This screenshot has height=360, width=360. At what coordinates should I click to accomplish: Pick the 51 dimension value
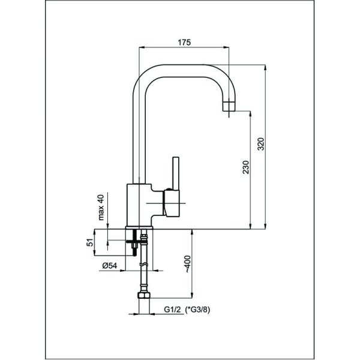tap(90, 242)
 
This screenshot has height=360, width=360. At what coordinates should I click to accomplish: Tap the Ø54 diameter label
tap(109, 265)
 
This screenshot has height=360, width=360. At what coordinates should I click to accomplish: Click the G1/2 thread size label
tap(173, 310)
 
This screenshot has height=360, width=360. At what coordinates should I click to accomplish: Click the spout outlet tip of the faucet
tap(229, 107)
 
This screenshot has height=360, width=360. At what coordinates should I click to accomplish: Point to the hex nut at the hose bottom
tap(144, 298)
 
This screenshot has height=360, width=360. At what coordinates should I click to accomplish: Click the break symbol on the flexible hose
tap(143, 265)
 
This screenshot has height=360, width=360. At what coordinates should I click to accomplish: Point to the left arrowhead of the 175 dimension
tap(141, 47)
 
